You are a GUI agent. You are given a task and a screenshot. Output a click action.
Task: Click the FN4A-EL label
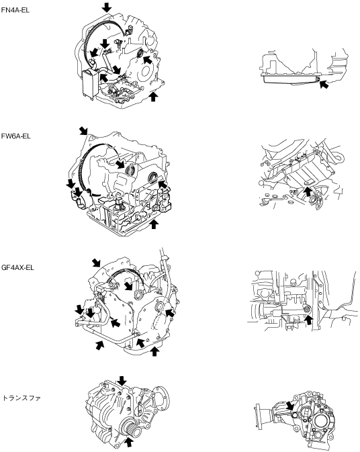pos(15,10)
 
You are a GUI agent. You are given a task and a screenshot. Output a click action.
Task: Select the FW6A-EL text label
pos(15,136)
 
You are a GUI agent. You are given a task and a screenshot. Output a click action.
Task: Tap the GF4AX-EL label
pos(17,267)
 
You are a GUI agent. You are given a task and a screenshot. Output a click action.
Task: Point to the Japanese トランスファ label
pos(21,398)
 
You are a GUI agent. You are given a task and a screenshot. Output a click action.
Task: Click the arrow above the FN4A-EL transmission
pos(107,7)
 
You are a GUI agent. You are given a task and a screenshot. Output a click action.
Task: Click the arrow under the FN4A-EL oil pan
pos(153,97)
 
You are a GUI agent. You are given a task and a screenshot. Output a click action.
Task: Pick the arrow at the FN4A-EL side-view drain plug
pos(324,84)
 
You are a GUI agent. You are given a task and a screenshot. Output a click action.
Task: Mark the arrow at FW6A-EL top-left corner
pos(84,130)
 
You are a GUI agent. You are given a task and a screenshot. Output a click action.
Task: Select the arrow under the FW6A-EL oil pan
pos(154,224)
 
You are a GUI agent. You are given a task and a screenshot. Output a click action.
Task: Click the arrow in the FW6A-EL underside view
pos(308,191)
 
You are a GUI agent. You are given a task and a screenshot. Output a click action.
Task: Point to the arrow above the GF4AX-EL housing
pos(96,263)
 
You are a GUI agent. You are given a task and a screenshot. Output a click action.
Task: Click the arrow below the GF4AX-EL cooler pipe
pos(99,345)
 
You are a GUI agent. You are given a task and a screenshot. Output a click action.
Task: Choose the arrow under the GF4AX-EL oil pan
pos(154,352)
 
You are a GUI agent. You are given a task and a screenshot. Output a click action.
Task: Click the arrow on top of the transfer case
pos(122,381)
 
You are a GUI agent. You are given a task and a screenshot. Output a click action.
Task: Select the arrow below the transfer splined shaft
pos(129,443)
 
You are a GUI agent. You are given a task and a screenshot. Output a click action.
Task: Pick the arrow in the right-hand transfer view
pos(289,406)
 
